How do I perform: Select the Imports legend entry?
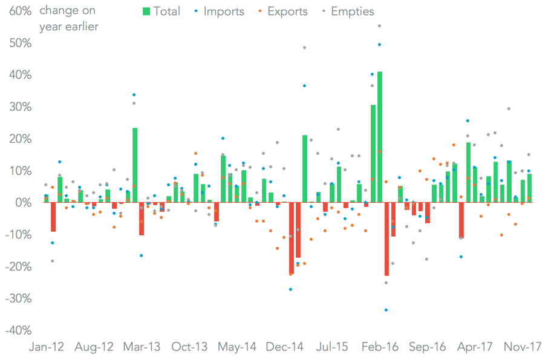coord(218,11)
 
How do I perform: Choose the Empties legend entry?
coord(348,11)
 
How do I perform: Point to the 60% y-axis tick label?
coord(19,11)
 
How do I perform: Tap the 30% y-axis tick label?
coord(19,106)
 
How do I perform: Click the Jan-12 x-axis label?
coord(47,347)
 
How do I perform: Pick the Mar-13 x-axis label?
coord(142,347)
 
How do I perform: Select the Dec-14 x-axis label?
coord(284,347)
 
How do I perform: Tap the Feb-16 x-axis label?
coord(380,347)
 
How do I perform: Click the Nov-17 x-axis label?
coord(522,347)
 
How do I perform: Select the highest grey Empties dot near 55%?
coord(379,26)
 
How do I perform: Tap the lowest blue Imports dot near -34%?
coord(386,310)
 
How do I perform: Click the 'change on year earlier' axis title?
coord(68,19)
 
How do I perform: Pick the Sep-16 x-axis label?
coord(427,347)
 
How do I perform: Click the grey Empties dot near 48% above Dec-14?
coord(304,48)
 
